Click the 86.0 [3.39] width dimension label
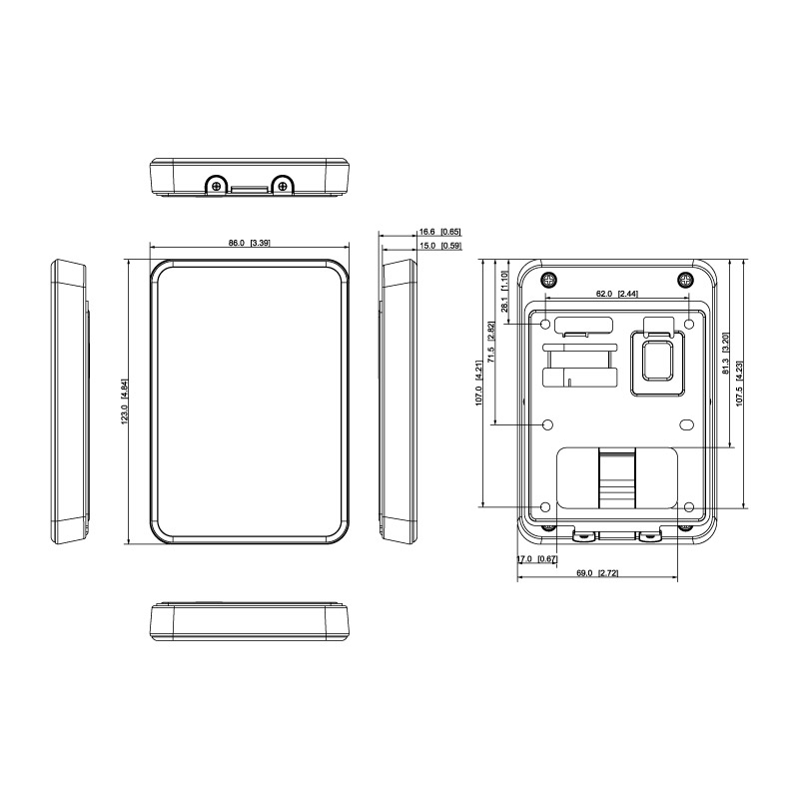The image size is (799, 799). (x=249, y=243)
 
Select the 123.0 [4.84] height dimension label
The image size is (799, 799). (x=124, y=401)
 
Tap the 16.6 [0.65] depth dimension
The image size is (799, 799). (x=439, y=232)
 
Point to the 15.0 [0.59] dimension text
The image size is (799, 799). (x=440, y=246)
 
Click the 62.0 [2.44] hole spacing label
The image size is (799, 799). (x=616, y=294)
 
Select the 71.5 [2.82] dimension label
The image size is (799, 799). (x=490, y=342)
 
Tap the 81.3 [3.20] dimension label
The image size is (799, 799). (x=726, y=354)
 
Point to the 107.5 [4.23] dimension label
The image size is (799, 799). (x=739, y=384)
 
